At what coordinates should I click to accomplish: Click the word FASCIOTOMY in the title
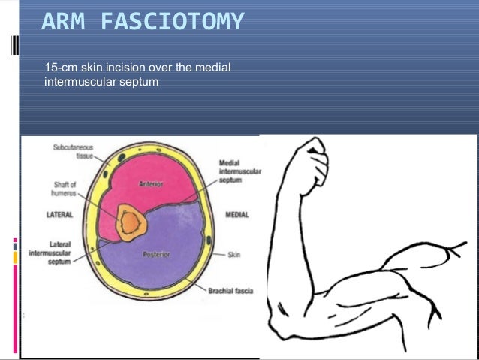pos(173,23)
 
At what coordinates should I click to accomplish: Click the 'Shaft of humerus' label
pos(66,189)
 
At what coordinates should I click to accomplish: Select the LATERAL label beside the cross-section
pos(59,214)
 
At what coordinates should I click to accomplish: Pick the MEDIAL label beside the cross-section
pos(237,215)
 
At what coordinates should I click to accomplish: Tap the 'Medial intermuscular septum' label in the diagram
pos(239,172)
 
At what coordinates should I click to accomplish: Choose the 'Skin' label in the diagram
pos(234,255)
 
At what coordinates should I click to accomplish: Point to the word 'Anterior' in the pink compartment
pos(152,184)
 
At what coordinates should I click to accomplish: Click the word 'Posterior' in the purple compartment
pos(156,254)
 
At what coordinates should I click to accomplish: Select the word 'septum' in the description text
pos(140,82)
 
